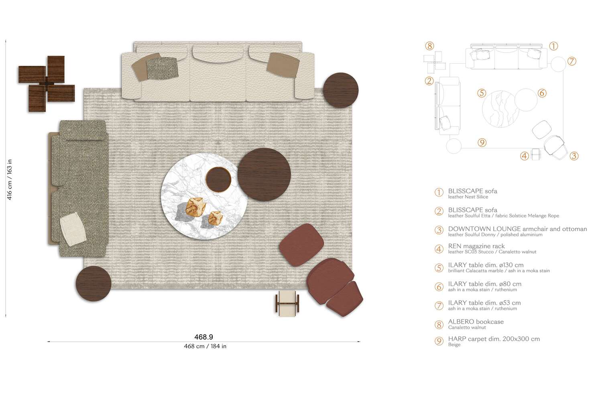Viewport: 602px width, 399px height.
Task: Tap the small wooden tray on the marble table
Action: click(219, 179)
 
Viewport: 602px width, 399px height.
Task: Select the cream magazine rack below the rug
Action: click(287, 303)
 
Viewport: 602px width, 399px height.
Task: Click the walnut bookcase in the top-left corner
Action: click(47, 83)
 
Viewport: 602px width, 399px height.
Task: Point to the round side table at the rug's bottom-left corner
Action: click(93, 283)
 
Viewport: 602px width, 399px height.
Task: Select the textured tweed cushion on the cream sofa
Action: click(162, 68)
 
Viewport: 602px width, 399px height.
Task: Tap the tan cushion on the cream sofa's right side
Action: click(283, 64)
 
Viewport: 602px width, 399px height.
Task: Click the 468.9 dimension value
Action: click(204, 337)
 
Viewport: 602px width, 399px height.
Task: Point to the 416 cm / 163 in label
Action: click(10, 179)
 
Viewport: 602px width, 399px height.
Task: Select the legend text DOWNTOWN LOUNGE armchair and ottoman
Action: click(517, 229)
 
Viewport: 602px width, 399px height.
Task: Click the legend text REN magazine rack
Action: click(476, 246)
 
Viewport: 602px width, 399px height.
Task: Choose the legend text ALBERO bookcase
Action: click(476, 322)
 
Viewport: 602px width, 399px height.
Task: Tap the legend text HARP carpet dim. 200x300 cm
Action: click(494, 339)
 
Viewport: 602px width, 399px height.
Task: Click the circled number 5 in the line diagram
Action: click(482, 93)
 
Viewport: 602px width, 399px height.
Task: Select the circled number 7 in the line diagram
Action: click(572, 61)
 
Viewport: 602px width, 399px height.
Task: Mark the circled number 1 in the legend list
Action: click(439, 192)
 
